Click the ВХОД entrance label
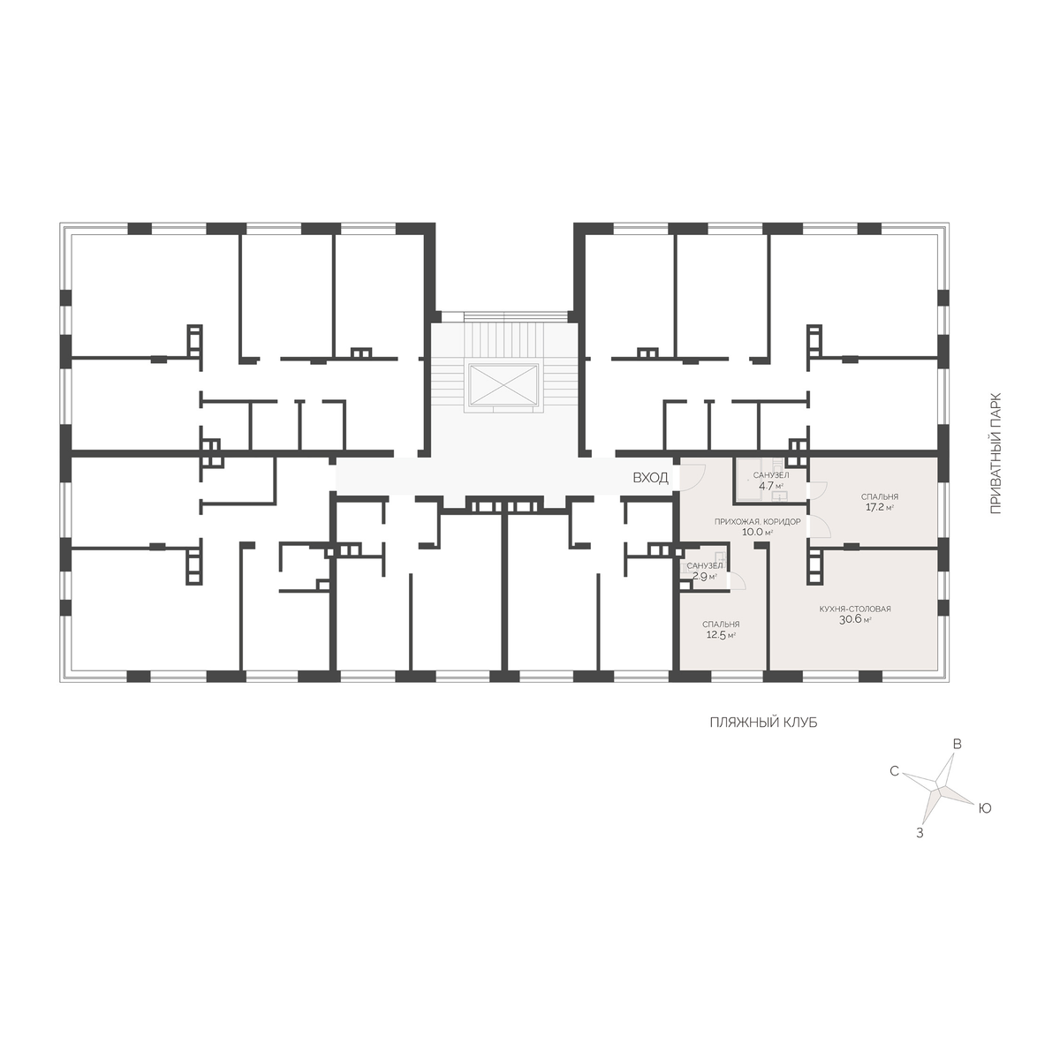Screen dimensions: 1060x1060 point(650,478)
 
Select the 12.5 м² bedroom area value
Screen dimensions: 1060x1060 point(721,635)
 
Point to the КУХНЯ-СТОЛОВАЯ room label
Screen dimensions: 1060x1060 point(855,609)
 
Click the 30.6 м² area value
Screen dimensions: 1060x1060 point(855,619)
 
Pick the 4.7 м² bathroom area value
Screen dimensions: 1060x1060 point(771,486)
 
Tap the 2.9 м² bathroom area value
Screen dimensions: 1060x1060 point(705,577)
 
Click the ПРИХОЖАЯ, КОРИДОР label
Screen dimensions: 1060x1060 point(757,521)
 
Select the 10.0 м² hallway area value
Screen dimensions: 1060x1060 point(757,532)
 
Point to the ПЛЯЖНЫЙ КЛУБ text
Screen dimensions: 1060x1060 point(763,723)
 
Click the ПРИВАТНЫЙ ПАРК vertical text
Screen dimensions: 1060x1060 point(996,453)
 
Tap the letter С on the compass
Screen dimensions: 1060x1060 point(895,772)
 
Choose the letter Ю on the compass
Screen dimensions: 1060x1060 point(985,808)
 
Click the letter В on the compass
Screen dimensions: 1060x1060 point(958,745)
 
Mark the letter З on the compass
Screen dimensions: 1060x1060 point(920,833)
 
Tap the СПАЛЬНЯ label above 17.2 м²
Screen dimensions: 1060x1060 point(880,496)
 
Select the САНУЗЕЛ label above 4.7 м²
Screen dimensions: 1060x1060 point(771,474)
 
